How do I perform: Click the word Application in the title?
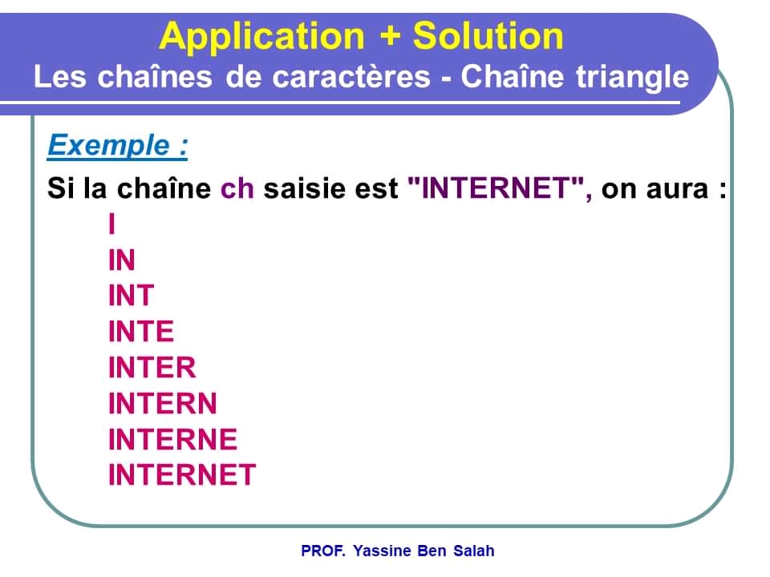(261, 37)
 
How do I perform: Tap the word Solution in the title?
(488, 37)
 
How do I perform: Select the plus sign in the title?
(388, 37)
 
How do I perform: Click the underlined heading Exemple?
(117, 146)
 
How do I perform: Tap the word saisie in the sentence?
(308, 189)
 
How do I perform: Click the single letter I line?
(112, 224)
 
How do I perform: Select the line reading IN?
(122, 260)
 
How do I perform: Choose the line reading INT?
(131, 296)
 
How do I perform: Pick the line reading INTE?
(141, 332)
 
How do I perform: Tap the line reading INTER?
(152, 368)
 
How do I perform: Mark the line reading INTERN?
(163, 403)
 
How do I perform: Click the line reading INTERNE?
(173, 439)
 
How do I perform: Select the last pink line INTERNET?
(182, 474)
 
